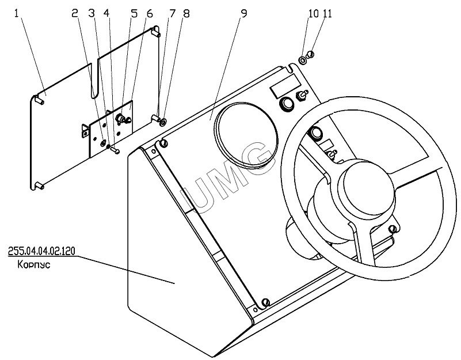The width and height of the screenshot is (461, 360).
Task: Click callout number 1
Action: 17,14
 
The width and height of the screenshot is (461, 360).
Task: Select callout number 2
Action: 75,14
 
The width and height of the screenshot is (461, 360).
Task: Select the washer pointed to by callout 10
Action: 303,60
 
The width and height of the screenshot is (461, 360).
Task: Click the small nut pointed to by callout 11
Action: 310,54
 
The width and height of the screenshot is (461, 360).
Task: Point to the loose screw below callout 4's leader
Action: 115,150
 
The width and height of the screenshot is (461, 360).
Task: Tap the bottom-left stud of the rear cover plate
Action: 40,185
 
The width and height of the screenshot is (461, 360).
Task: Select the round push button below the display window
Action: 287,104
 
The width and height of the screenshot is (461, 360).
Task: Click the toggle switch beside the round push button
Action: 302,96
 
